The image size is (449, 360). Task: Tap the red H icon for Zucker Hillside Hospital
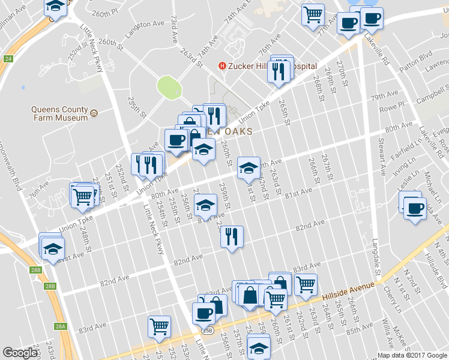tap(222, 66)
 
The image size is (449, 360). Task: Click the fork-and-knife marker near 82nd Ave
tap(231, 236)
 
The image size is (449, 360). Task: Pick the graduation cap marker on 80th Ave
tap(248, 167)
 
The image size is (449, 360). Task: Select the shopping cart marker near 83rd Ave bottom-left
tap(160, 326)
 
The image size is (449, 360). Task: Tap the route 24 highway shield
tap(7, 59)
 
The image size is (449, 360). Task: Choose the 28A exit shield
tap(61, 326)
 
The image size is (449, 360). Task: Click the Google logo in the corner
tap(20, 353)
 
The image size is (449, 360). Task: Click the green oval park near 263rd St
tap(169, 88)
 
